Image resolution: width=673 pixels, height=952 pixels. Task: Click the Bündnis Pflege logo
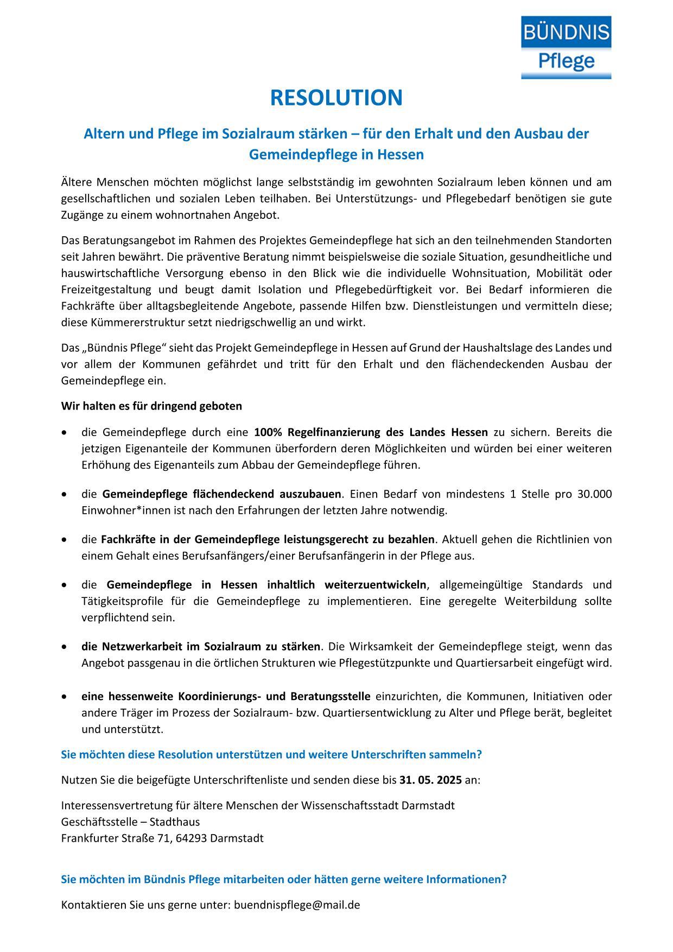click(x=566, y=47)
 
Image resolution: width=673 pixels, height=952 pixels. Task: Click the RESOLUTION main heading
click(x=336, y=98)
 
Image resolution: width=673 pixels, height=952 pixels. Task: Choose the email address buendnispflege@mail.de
click(x=297, y=905)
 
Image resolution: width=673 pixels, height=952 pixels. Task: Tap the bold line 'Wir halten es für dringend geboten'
click(x=151, y=406)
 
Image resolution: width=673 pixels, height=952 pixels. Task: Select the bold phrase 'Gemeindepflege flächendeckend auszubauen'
click(x=221, y=494)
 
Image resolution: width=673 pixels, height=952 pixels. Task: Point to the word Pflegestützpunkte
click(x=387, y=663)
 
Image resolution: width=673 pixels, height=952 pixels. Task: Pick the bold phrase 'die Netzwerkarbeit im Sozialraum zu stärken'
click(x=201, y=647)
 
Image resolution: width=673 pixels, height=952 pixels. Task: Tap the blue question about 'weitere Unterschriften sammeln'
click(x=271, y=755)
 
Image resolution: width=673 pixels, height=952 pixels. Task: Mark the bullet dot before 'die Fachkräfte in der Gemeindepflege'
click(x=65, y=540)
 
